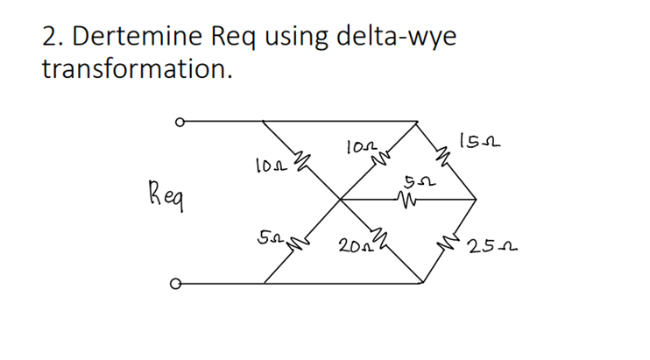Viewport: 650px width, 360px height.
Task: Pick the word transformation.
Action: (137, 69)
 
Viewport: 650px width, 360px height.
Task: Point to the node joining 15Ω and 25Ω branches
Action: (476, 200)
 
